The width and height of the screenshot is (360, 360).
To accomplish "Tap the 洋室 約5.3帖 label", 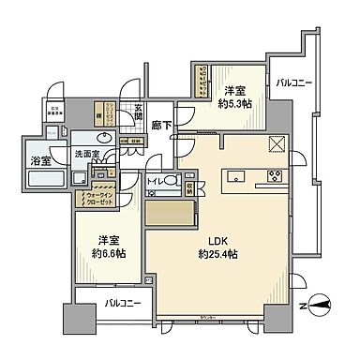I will click(235, 97).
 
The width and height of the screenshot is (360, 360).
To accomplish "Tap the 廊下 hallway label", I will click(160, 125).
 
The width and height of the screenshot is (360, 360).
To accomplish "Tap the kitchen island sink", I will click(234, 175).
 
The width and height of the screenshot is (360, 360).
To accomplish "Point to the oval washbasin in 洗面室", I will click(105, 137).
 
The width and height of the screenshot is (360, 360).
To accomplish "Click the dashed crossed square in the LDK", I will click(277, 142).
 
